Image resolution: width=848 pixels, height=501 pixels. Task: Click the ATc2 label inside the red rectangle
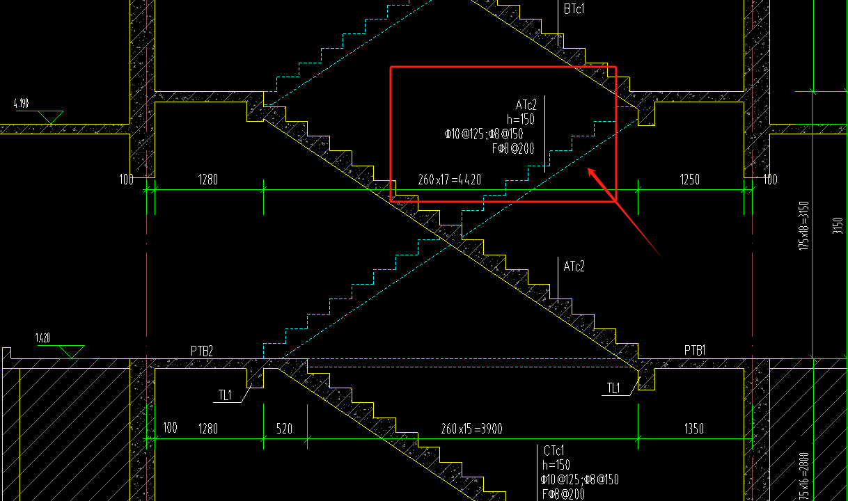[526, 105]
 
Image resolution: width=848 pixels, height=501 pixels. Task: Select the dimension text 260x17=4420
[449, 180]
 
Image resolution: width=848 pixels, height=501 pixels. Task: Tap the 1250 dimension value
[689, 180]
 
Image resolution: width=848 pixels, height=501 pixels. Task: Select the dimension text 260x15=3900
[471, 428]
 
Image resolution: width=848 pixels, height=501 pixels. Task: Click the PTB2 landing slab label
[201, 350]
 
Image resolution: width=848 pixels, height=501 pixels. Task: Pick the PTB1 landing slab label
[695, 350]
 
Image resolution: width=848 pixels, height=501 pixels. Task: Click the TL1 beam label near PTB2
[225, 395]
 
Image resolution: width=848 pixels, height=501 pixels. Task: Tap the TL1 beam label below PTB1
[613, 388]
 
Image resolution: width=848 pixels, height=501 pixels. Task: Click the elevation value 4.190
[21, 104]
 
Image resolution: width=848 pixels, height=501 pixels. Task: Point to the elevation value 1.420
[43, 338]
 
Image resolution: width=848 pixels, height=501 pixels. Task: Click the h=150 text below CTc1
[556, 465]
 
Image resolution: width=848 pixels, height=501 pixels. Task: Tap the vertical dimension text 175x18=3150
[804, 226]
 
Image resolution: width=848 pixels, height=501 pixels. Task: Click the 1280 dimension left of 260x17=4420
[208, 180]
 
